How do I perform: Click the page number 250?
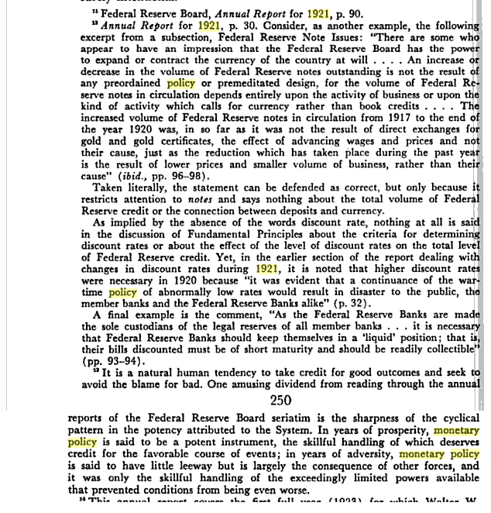click(x=280, y=400)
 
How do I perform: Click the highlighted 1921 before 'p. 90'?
click(x=318, y=13)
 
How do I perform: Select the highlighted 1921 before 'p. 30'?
click(x=209, y=26)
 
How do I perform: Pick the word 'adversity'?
click(x=366, y=454)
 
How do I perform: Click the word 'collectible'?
click(x=438, y=349)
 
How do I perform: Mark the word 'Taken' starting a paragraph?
click(x=110, y=188)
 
